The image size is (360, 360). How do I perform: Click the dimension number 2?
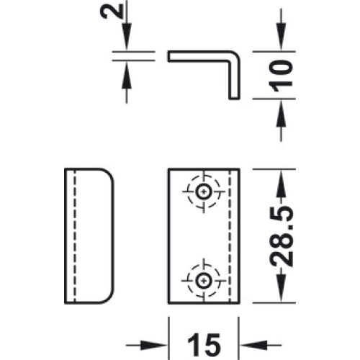pyautogui.click(x=112, y=12)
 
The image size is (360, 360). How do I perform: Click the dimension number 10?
pyautogui.click(x=280, y=76)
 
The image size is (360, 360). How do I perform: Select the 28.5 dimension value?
pyautogui.click(x=281, y=236)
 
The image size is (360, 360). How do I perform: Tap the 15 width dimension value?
pyautogui.click(x=204, y=345)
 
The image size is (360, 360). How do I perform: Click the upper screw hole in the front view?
pyautogui.click(x=204, y=192)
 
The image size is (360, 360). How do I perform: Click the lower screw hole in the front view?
pyautogui.click(x=204, y=280)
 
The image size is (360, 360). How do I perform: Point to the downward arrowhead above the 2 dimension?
pyautogui.click(x=127, y=37)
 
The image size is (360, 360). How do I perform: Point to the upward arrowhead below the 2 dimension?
pyautogui.click(x=127, y=75)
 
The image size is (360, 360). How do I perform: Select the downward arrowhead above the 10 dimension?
pyautogui.click(x=281, y=37)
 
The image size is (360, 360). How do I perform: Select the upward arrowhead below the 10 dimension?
pyautogui.click(x=281, y=113)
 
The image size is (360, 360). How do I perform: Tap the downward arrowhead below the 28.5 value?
pyautogui.click(x=281, y=289)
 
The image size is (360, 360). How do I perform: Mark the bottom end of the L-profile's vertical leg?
pyautogui.click(x=234, y=98)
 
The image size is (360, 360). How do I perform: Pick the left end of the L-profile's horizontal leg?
pyautogui.click(x=168, y=56)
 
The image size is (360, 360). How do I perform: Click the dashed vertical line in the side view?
pyautogui.click(x=75, y=236)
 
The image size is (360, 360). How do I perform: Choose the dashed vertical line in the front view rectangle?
pyautogui.click(x=230, y=236)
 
